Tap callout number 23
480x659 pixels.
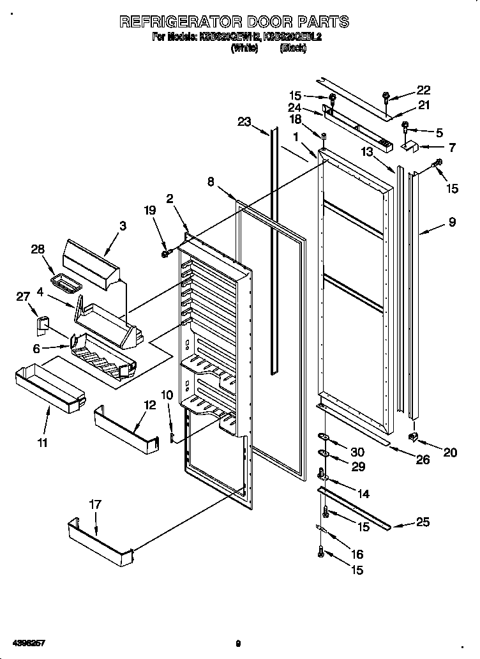244,122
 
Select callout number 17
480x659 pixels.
95,504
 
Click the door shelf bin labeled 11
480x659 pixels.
50,387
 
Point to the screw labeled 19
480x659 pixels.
165,254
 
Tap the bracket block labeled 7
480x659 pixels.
409,147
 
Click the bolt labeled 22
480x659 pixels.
386,97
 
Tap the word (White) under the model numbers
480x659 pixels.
244,49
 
